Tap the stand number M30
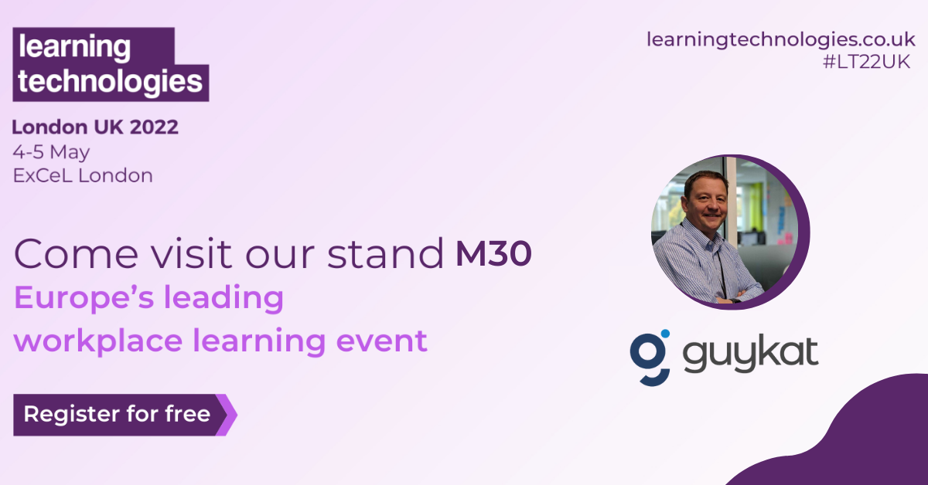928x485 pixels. (493, 253)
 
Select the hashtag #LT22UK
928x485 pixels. (866, 62)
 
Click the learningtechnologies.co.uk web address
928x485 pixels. (780, 39)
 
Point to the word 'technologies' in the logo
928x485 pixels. (110, 81)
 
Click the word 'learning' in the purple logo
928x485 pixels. (74, 47)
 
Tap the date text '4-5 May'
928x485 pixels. (51, 152)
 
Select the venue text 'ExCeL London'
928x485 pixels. (83, 175)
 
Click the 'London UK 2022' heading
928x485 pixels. (95, 127)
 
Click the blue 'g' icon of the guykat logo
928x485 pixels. (650, 358)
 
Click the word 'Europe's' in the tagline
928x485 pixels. (84, 297)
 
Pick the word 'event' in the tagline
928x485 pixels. (381, 341)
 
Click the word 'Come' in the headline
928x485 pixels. (76, 253)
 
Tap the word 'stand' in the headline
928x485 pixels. (385, 253)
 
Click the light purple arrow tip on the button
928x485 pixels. (227, 415)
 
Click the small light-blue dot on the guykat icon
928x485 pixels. (665, 334)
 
